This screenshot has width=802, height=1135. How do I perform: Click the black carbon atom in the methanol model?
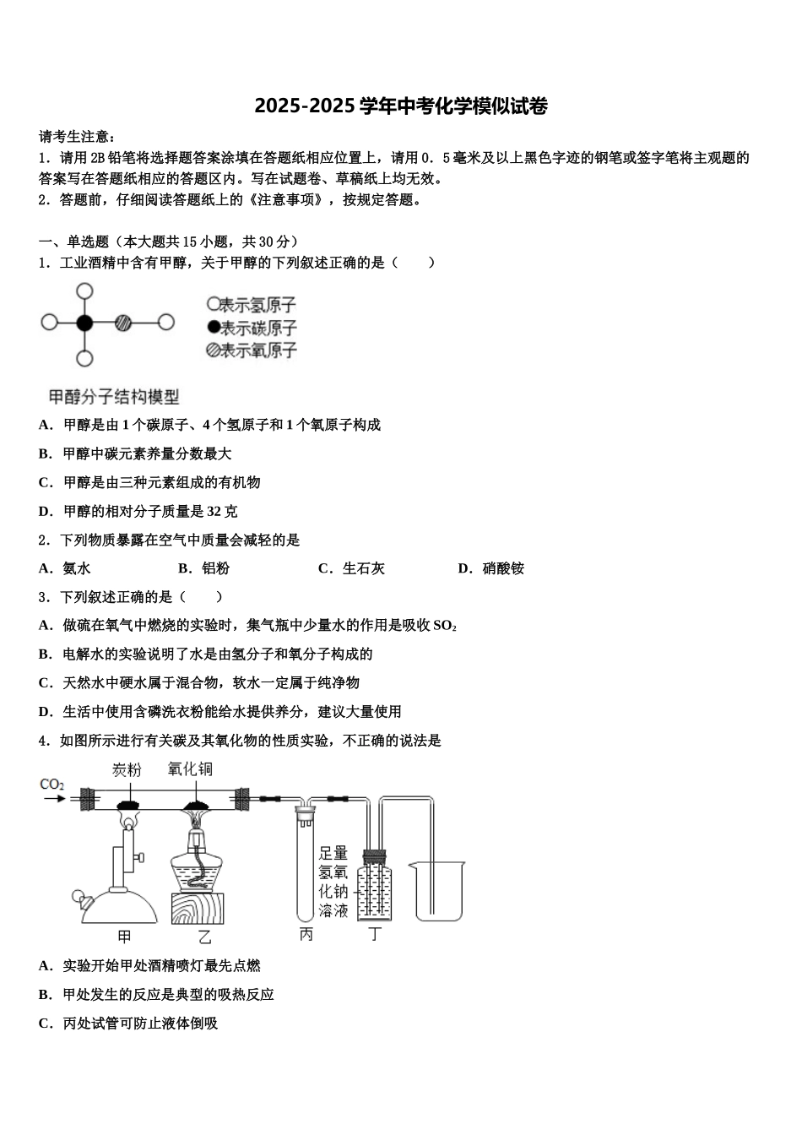[84, 323]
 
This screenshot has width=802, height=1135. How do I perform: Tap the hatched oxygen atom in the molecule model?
[123, 323]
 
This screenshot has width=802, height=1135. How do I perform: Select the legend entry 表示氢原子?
[252, 305]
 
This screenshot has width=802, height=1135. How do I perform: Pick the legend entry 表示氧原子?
[252, 350]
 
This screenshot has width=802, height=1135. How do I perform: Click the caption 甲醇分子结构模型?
[113, 396]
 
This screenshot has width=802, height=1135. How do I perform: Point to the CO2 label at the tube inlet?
[52, 785]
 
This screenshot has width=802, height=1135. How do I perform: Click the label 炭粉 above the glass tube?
[127, 769]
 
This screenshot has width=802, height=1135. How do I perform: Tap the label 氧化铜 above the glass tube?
[190, 768]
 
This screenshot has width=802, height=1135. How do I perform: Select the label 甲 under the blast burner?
[124, 937]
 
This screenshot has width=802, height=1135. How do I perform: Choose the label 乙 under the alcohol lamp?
[204, 937]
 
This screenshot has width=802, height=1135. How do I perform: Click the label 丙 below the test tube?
[306, 935]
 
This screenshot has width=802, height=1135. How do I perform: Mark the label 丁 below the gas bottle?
[376, 935]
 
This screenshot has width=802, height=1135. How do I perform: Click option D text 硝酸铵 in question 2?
[503, 568]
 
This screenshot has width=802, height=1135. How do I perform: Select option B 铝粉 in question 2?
[215, 568]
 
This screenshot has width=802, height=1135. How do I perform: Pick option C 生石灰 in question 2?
[363, 568]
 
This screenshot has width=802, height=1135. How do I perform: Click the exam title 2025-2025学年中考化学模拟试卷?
[401, 106]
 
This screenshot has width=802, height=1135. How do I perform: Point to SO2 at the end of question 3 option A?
[445, 626]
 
